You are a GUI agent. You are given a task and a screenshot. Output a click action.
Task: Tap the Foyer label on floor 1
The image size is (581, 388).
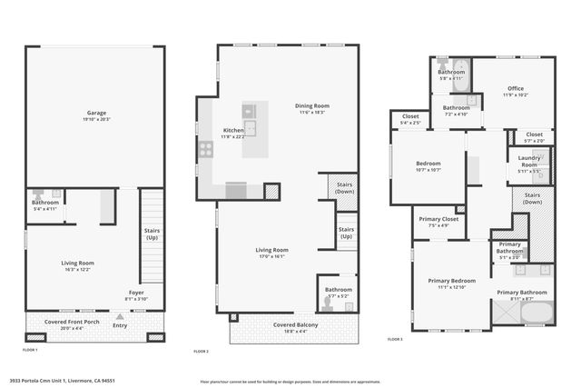[135, 293]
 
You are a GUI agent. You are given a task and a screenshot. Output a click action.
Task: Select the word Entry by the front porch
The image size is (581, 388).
[120, 324]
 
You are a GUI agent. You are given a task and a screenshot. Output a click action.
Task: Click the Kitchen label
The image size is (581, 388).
[232, 131]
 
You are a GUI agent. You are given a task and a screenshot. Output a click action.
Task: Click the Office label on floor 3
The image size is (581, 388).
[515, 88]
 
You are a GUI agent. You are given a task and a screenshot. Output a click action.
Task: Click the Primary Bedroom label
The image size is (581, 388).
[451, 281]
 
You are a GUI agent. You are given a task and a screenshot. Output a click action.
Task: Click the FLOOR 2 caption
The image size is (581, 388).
[202, 351]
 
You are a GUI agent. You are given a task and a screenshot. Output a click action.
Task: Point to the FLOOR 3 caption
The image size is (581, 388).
[395, 339]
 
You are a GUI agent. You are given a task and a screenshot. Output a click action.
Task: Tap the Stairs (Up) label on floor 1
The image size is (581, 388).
[152, 234]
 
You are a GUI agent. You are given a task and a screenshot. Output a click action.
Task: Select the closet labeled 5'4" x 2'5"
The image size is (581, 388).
[404, 121]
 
